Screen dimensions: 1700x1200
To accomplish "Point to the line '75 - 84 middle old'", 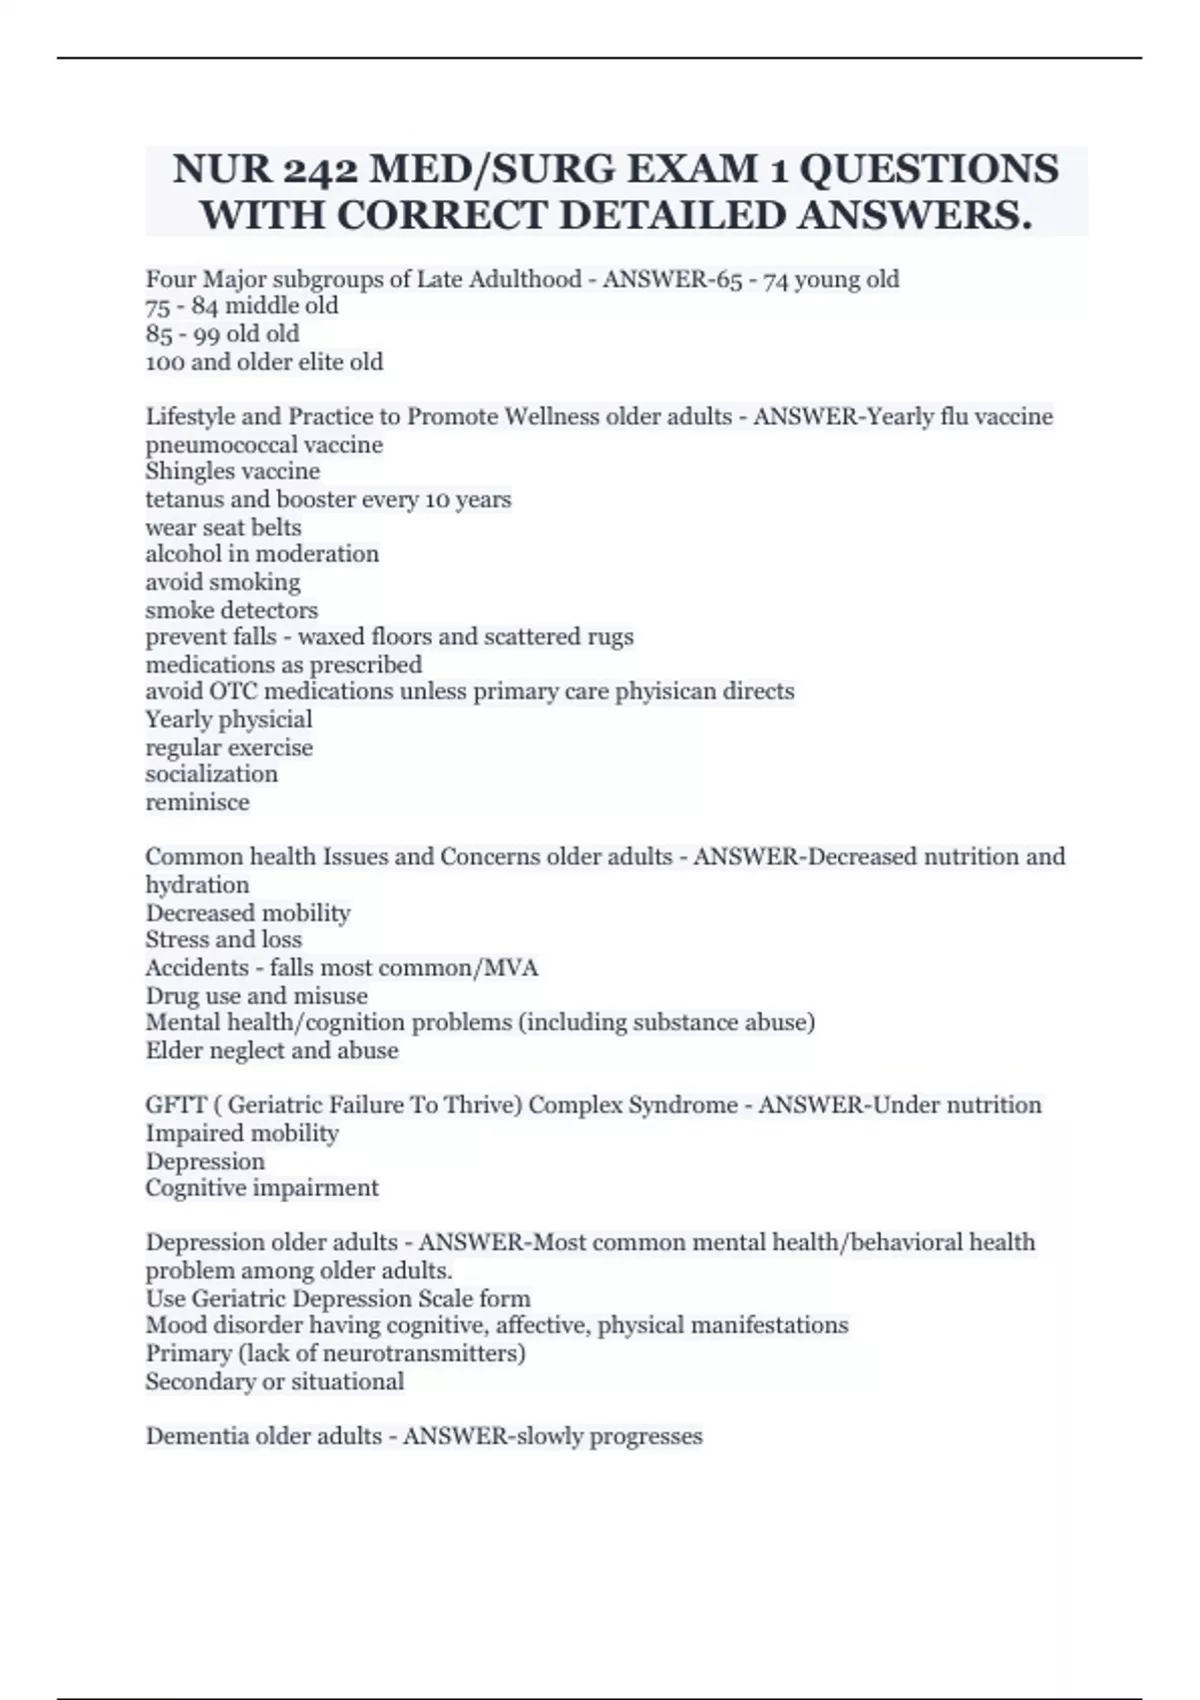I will click(242, 306).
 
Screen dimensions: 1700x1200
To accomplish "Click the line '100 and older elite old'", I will click(264, 362).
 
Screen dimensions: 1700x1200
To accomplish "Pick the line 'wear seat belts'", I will click(223, 527).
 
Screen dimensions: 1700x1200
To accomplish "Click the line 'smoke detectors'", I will click(231, 610).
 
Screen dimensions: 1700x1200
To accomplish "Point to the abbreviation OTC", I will click(232, 692).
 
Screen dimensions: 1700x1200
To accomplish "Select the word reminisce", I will click(197, 802).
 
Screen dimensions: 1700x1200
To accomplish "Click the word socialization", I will click(211, 774).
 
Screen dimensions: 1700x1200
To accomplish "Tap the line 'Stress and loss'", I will click(223, 940).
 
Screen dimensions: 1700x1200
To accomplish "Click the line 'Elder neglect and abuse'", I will click(271, 1051).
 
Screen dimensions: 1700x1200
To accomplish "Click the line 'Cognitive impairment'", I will click(261, 1188).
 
